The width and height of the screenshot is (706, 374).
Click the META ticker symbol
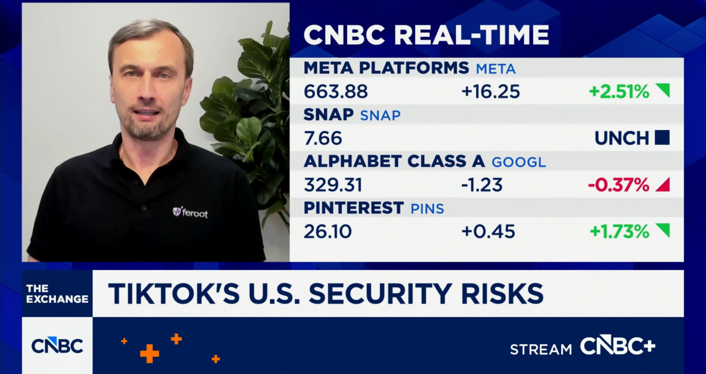495,68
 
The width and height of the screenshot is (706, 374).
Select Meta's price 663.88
335,91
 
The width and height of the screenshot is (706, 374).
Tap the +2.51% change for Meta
618,91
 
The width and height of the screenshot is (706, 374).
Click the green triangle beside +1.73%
663,231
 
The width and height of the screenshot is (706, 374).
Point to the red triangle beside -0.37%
663,185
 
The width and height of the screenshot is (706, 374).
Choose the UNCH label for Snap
622,138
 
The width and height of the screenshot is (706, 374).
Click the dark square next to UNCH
662,138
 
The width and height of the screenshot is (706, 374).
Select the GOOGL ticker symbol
518,162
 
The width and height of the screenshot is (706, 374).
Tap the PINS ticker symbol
427,208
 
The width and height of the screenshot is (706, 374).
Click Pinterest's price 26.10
327,232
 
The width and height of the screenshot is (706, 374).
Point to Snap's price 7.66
323,138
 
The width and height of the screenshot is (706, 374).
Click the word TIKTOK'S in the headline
173,294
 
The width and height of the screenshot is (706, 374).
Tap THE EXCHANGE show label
57,294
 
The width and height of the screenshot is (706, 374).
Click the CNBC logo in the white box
57,346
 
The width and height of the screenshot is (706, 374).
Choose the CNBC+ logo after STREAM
617,346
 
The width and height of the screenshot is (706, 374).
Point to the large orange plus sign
149,353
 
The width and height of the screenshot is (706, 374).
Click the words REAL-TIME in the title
471,36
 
